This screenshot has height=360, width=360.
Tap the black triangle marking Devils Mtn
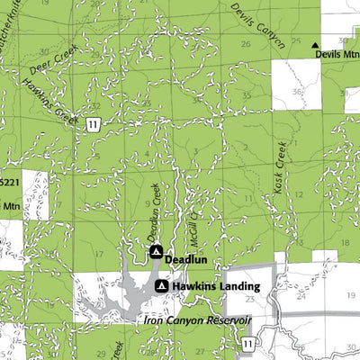[x=315, y=44]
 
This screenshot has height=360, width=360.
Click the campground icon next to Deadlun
[x=155, y=251]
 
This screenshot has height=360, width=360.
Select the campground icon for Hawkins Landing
[x=162, y=286]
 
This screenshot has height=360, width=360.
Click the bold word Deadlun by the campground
[x=186, y=257]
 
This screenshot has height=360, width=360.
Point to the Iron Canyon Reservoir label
[x=196, y=320]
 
